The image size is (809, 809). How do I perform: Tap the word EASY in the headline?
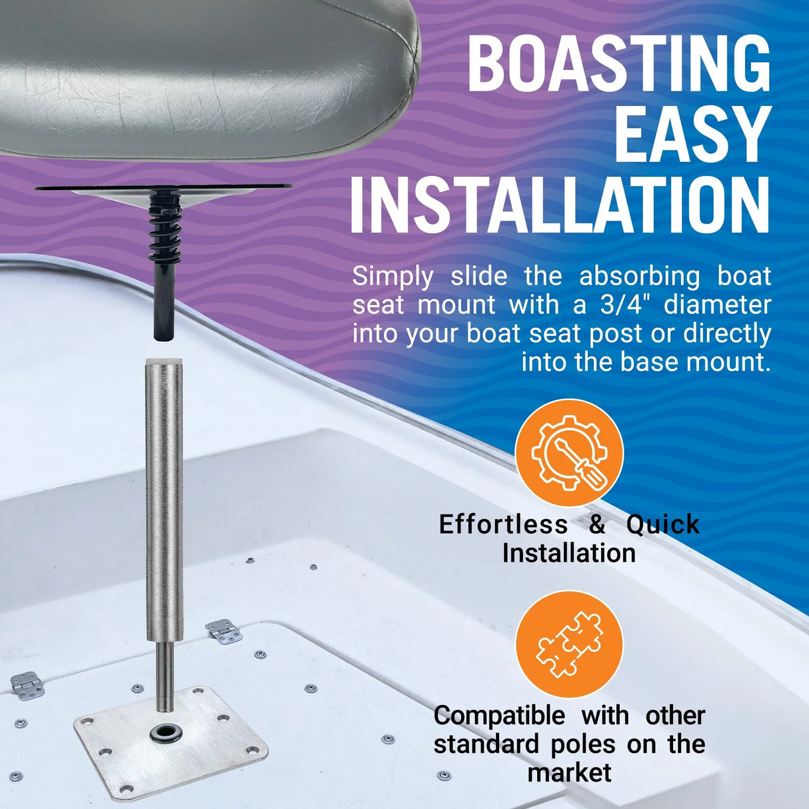click(692, 133)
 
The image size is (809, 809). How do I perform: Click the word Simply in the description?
click(393, 276)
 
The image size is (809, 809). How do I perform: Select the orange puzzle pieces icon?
click(569, 644)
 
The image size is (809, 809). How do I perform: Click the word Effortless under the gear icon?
click(503, 524)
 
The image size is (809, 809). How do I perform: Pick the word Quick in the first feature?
click(662, 524)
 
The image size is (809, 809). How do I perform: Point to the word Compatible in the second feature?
click(499, 716)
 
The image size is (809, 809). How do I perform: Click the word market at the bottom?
click(569, 772)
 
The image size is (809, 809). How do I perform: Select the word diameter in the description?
click(717, 305)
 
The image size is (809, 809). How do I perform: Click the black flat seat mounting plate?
click(80, 189)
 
